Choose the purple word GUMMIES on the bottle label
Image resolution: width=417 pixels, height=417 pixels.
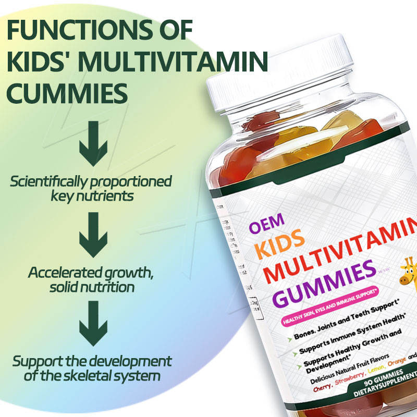tap(323, 285)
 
